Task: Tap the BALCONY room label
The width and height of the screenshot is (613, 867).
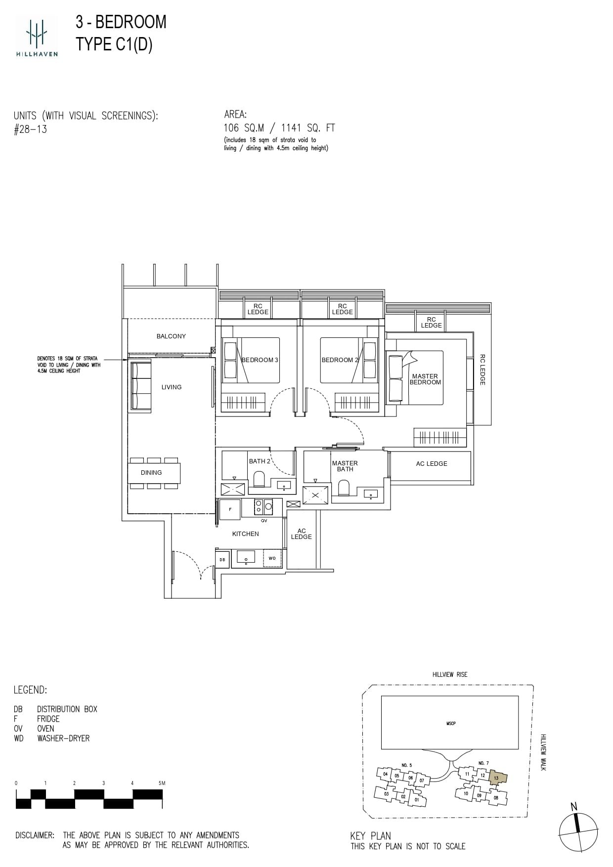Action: pyautogui.click(x=171, y=336)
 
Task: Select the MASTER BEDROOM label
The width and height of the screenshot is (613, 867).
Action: pyautogui.click(x=425, y=379)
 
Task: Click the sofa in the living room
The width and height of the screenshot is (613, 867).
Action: pyautogui.click(x=141, y=385)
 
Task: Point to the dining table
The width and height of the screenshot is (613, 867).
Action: pyautogui.click(x=154, y=473)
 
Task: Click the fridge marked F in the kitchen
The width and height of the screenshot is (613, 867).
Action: pyautogui.click(x=230, y=509)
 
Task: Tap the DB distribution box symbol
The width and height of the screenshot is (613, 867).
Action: pyautogui.click(x=222, y=560)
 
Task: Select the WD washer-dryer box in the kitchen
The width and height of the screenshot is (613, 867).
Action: pyautogui.click(x=272, y=558)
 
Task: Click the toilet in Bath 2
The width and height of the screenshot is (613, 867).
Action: pyautogui.click(x=259, y=479)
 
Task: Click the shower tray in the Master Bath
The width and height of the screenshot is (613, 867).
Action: pyautogui.click(x=315, y=495)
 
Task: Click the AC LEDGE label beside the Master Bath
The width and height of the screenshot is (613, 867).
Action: pyautogui.click(x=431, y=464)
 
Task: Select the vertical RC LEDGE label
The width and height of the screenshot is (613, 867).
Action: pyautogui.click(x=482, y=370)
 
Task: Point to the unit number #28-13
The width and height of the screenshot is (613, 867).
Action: pyautogui.click(x=31, y=130)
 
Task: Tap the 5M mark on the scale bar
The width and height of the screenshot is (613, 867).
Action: pyautogui.click(x=162, y=783)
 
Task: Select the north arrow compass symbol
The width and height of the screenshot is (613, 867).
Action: pyautogui.click(x=578, y=831)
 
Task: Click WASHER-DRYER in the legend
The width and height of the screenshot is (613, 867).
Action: pyautogui.click(x=63, y=739)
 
